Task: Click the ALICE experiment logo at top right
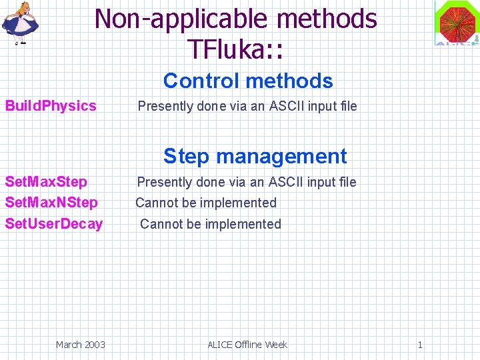point(457,23)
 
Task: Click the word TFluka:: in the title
point(237,49)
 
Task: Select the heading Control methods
point(248,81)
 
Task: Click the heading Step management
point(255,156)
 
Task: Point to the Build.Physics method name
point(51,105)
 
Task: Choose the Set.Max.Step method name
point(46,182)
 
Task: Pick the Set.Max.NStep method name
point(51,203)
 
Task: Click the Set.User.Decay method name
point(54,224)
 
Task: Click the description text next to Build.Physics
point(247,106)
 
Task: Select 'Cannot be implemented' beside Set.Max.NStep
point(206,203)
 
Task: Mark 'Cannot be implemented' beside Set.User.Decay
point(211,224)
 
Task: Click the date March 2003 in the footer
point(80,345)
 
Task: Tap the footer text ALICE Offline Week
point(247,345)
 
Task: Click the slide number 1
point(420,345)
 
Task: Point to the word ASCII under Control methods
point(287,106)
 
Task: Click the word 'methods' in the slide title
point(328,19)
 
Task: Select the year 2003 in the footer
point(94,345)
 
